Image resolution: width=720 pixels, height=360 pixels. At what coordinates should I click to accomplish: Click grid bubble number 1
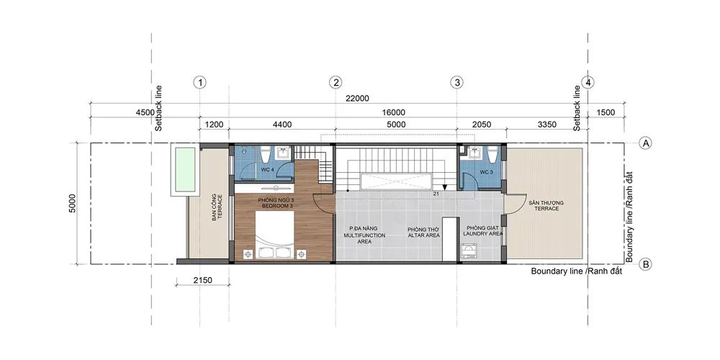coord(199,83)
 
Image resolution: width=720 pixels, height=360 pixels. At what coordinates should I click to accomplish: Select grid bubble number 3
coord(456,83)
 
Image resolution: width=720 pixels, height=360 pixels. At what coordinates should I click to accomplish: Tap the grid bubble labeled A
coord(646,143)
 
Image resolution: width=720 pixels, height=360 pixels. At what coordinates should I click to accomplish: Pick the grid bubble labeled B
coord(646,264)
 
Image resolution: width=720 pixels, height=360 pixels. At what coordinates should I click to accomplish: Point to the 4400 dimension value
coord(282,125)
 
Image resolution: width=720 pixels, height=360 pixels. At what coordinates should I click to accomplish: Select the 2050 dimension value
coord(481,125)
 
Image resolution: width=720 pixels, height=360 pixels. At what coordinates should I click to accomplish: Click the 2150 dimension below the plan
coord(202,279)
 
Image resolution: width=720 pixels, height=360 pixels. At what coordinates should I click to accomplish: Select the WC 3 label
coord(486,172)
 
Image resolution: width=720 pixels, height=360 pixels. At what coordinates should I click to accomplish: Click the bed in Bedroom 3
coord(274,236)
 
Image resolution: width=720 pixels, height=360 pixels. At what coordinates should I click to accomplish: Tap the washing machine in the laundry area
coord(469,251)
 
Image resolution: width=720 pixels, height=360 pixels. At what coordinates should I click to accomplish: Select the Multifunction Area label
coord(364,235)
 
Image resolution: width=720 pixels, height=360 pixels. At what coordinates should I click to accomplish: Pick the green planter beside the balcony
coord(186,169)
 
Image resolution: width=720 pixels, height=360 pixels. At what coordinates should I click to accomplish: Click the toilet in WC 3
coord(492,155)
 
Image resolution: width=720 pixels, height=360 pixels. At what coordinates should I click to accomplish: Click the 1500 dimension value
coord(606,113)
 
